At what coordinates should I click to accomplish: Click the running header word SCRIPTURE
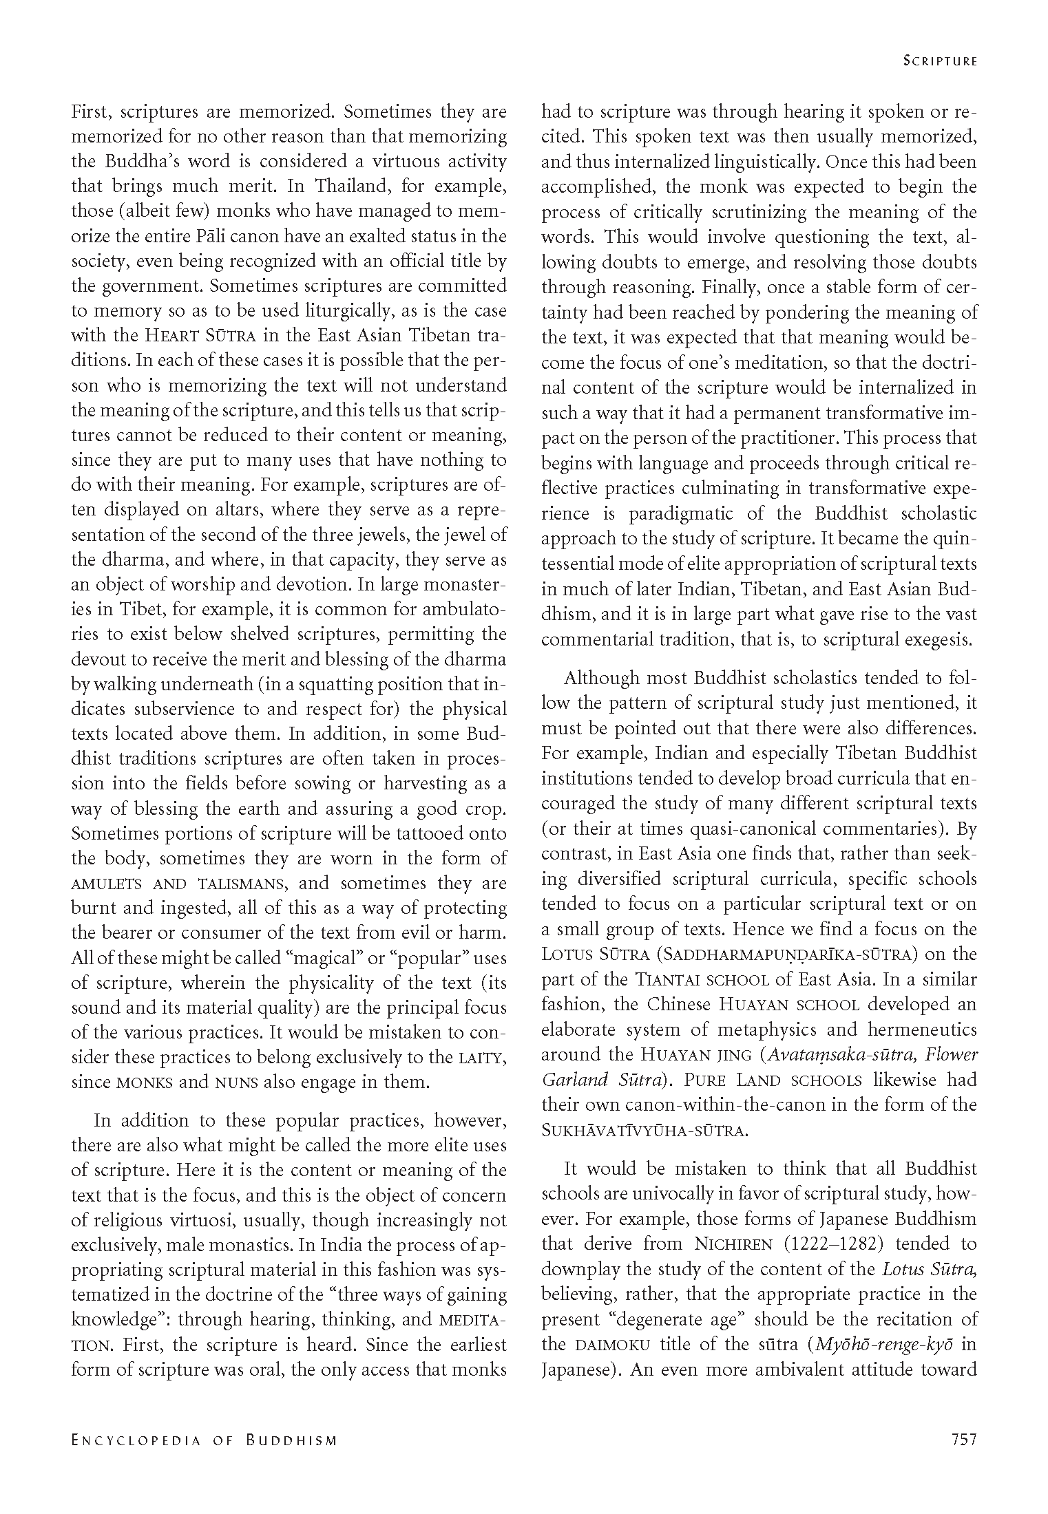pos(940,61)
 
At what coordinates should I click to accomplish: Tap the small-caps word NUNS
pos(237,1083)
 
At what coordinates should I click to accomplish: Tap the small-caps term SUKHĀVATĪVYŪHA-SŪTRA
pos(644,1131)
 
